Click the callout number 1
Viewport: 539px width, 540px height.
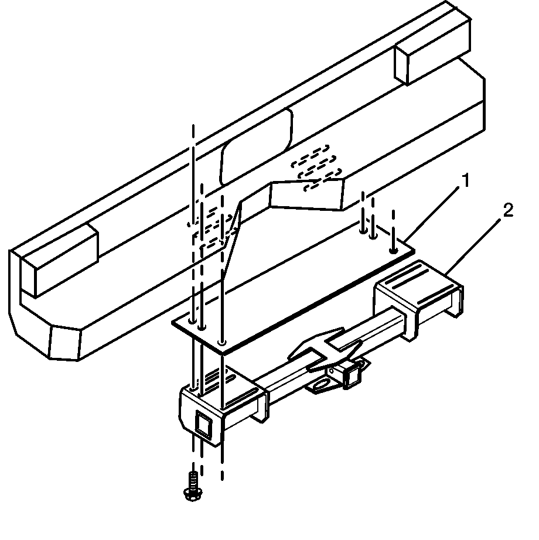click(x=466, y=180)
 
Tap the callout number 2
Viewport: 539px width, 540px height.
click(x=508, y=210)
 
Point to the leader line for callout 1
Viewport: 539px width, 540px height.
click(x=432, y=214)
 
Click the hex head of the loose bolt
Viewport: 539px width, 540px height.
click(x=193, y=494)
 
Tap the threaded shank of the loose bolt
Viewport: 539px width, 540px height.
click(x=193, y=480)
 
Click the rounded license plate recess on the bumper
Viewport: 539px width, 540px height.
click(x=255, y=146)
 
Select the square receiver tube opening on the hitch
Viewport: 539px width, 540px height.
click(x=352, y=377)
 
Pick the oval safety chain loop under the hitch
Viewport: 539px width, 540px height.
click(x=322, y=385)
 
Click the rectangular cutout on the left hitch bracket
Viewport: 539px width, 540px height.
click(x=203, y=424)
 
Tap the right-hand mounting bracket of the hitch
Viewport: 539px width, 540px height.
click(x=418, y=297)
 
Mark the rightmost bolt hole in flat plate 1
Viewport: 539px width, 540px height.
click(x=393, y=250)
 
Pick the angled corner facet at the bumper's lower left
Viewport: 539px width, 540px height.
click(x=66, y=343)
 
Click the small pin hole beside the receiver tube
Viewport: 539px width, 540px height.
click(x=332, y=371)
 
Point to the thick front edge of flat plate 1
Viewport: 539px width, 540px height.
click(x=319, y=302)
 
